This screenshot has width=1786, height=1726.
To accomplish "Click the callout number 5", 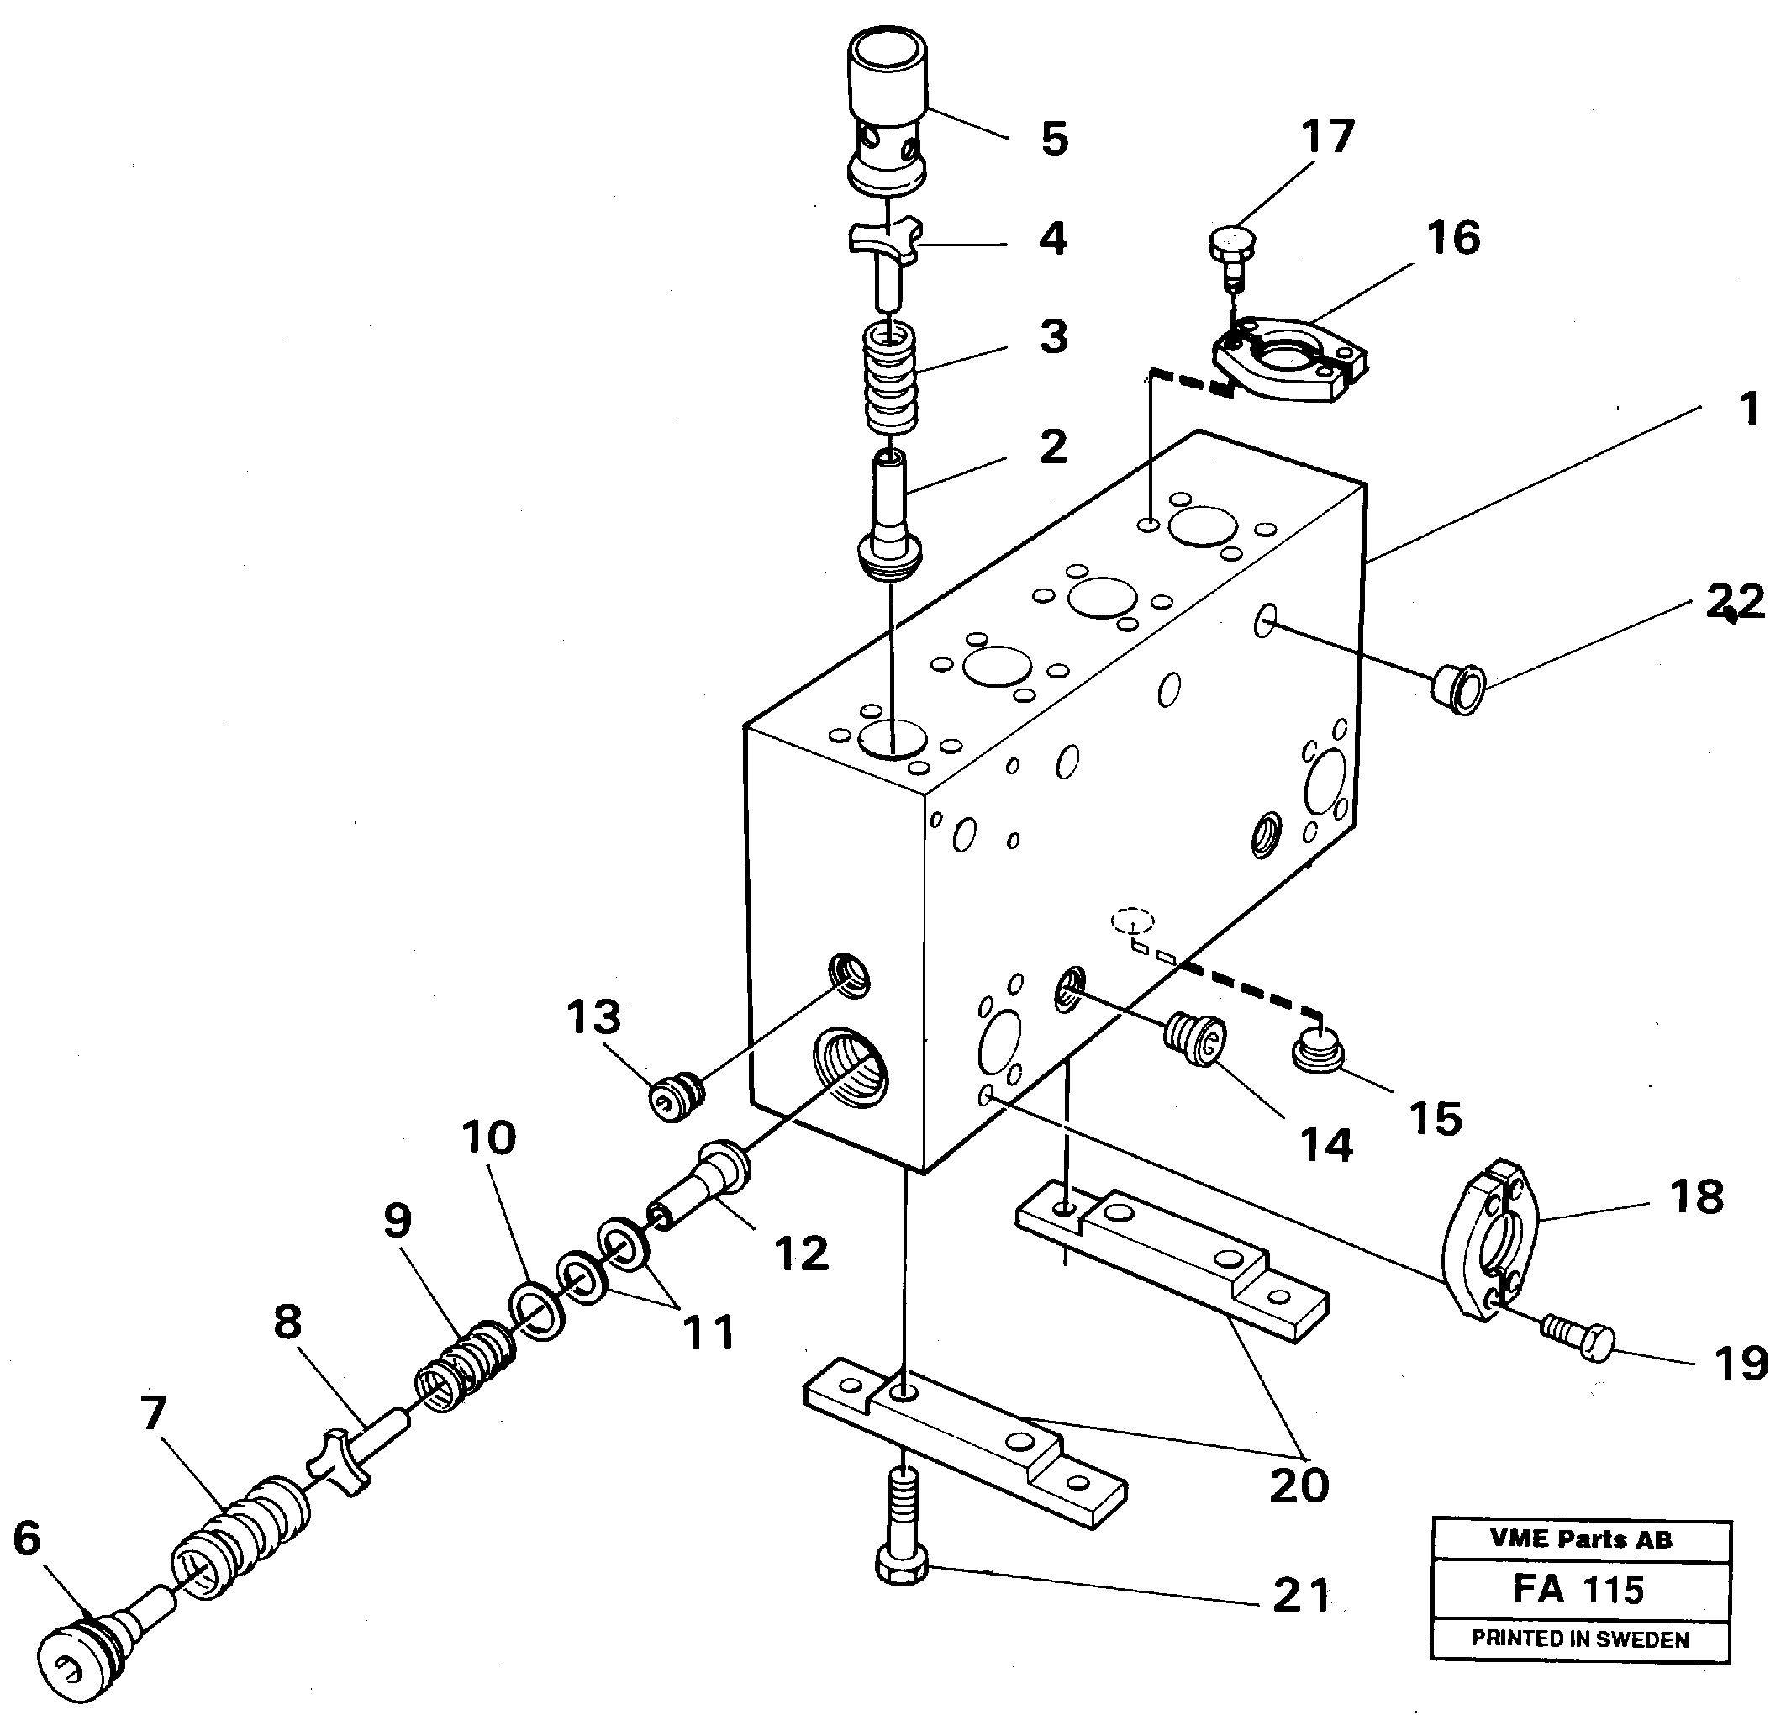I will click(x=1053, y=140).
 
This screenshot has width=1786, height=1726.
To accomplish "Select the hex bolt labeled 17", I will click(x=1231, y=250).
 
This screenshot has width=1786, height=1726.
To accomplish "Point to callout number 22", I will click(x=1734, y=601).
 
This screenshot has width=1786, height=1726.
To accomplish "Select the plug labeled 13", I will click(x=676, y=1095).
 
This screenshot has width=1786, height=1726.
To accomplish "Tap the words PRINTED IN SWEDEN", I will click(x=1580, y=1639).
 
